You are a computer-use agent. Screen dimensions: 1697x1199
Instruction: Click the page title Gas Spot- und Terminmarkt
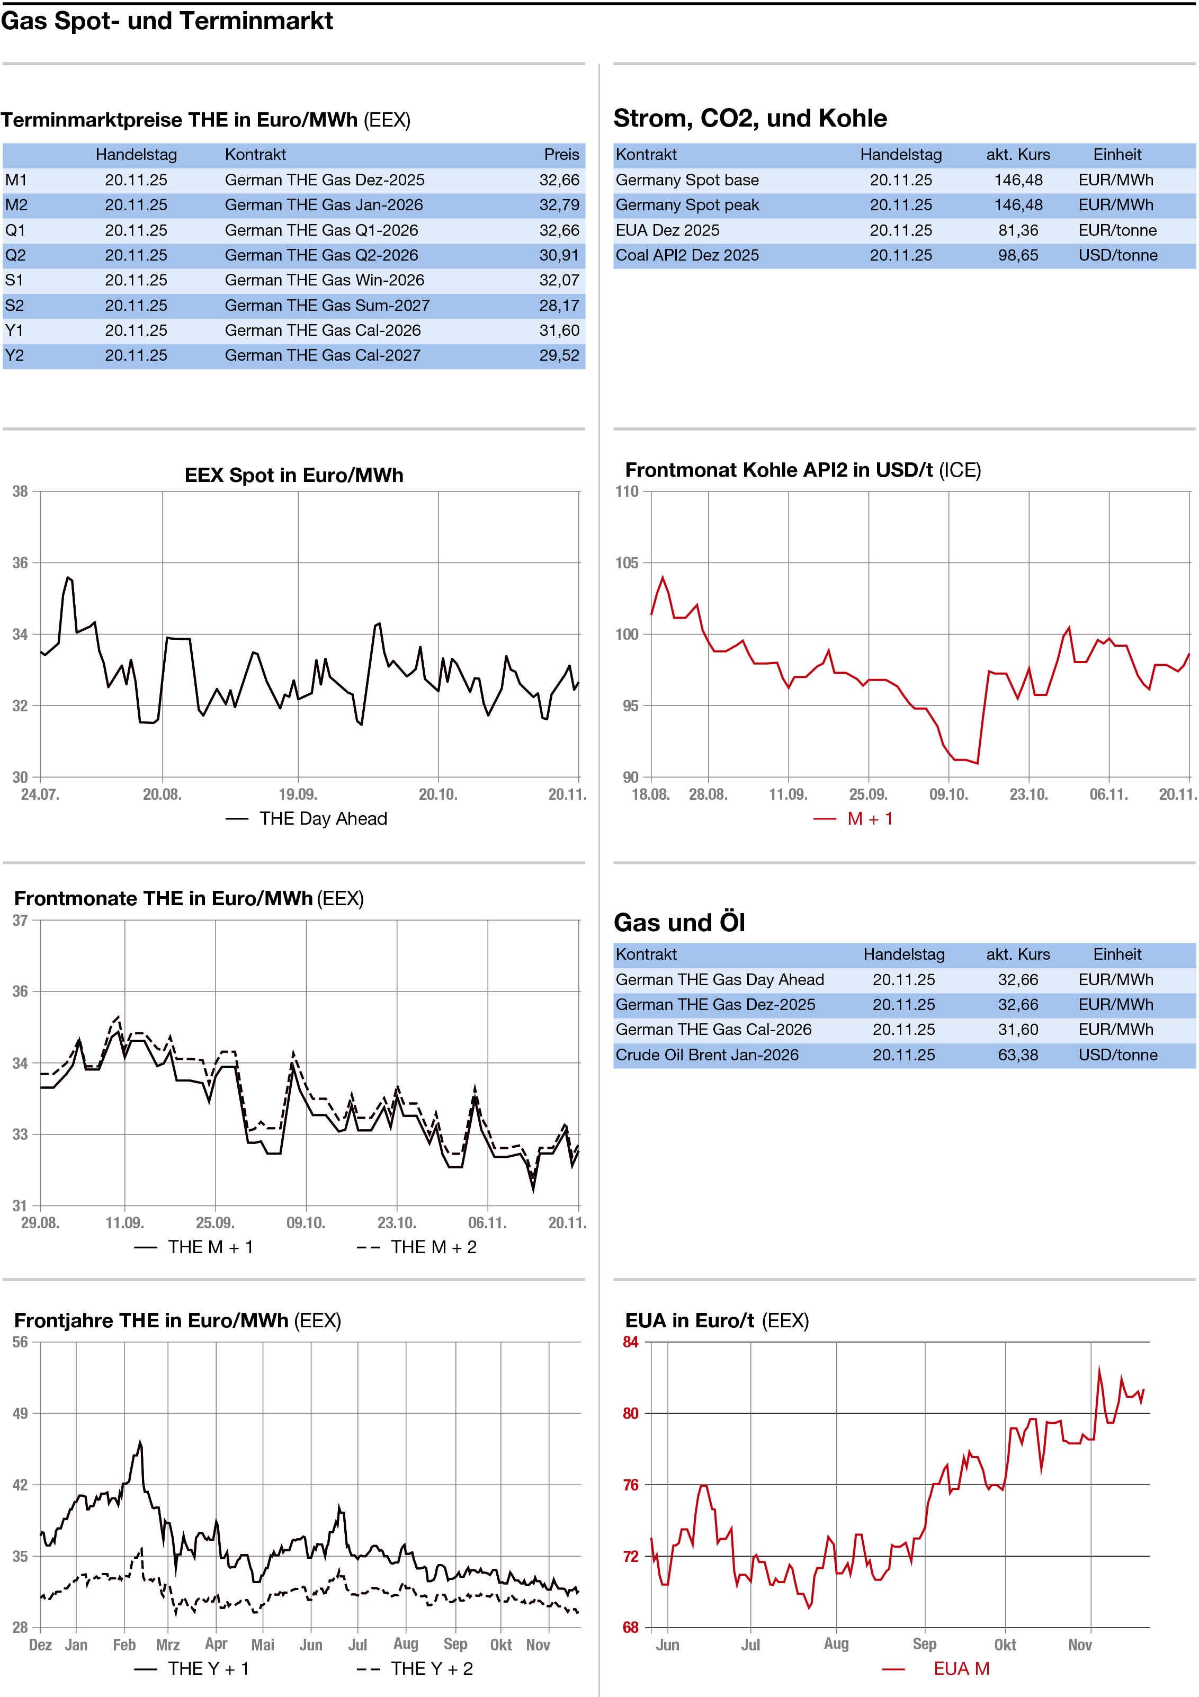[167, 21]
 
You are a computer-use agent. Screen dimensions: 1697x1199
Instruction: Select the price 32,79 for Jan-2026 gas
[558, 205]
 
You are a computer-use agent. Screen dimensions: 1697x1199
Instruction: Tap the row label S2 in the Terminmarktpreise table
[15, 305]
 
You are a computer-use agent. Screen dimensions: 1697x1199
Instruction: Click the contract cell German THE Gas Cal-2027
[323, 355]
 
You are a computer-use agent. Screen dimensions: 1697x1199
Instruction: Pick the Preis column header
[561, 155]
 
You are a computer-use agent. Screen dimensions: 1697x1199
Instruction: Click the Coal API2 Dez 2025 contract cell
[687, 255]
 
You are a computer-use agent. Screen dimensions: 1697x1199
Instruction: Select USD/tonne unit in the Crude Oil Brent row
[1117, 1055]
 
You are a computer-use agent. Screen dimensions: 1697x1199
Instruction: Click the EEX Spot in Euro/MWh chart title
[293, 475]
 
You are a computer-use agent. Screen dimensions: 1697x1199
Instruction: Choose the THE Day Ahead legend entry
[323, 818]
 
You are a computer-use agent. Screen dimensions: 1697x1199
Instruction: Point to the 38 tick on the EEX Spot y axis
[20, 492]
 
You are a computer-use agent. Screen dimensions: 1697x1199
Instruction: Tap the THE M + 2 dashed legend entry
[433, 1247]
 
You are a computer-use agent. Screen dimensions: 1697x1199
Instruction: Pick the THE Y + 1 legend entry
[208, 1668]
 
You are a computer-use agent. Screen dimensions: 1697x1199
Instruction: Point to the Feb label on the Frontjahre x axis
[124, 1645]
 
